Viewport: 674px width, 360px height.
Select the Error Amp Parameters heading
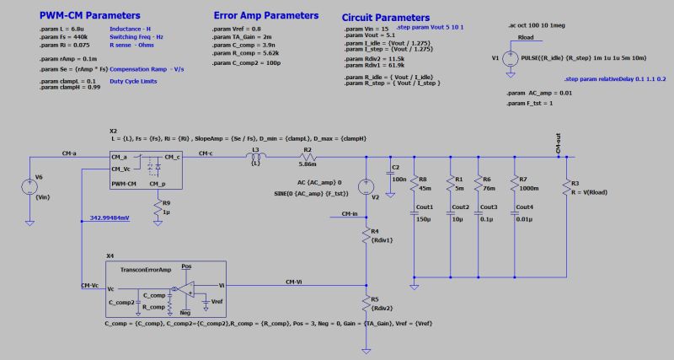[266, 15]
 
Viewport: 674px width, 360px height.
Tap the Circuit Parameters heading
[386, 18]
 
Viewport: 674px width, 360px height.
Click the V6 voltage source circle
[29, 183]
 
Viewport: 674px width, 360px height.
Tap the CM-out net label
[559, 145]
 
